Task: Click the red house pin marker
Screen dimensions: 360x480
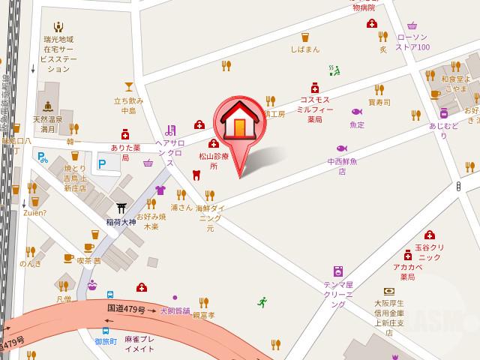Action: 238,124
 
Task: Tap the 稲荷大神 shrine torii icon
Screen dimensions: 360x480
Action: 121,208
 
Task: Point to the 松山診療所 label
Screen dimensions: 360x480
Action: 213,162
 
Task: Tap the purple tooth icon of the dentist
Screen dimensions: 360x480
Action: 196,175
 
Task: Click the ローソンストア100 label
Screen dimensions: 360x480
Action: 412,42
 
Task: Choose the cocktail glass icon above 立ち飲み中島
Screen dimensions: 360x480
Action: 128,86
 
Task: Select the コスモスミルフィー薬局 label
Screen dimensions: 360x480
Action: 314,109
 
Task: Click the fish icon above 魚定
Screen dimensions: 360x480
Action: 356,112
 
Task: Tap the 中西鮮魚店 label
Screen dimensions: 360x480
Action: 341,166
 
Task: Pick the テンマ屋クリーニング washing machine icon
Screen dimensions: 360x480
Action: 338,271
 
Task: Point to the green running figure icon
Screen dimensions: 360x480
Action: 262,302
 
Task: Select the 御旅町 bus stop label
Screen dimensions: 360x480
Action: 105,342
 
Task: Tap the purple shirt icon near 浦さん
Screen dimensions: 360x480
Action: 159,190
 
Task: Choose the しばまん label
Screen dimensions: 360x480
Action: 304,49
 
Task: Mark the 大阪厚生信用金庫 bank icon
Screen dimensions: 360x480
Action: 388,291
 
